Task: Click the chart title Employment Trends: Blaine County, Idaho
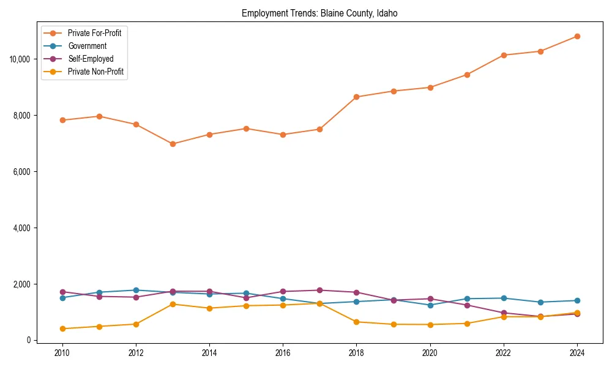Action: click(x=319, y=13)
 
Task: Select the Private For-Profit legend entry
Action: click(x=94, y=33)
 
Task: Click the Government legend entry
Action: click(x=87, y=46)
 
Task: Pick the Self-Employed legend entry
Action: click(x=91, y=59)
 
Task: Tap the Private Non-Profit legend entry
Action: click(x=95, y=72)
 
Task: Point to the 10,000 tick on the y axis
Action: click(x=20, y=59)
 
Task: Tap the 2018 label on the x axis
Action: click(x=356, y=353)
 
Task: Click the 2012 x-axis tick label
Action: click(x=136, y=353)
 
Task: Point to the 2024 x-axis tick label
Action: click(x=577, y=353)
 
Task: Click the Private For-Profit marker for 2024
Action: click(x=577, y=37)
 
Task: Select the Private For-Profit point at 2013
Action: click(x=173, y=144)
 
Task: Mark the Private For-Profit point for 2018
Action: click(x=356, y=97)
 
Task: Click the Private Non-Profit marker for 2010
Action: click(x=62, y=329)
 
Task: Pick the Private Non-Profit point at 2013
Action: click(x=173, y=304)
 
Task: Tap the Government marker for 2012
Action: click(x=136, y=291)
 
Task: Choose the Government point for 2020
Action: click(x=430, y=305)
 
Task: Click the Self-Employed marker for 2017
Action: click(x=319, y=291)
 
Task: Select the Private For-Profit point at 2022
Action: click(x=503, y=55)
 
